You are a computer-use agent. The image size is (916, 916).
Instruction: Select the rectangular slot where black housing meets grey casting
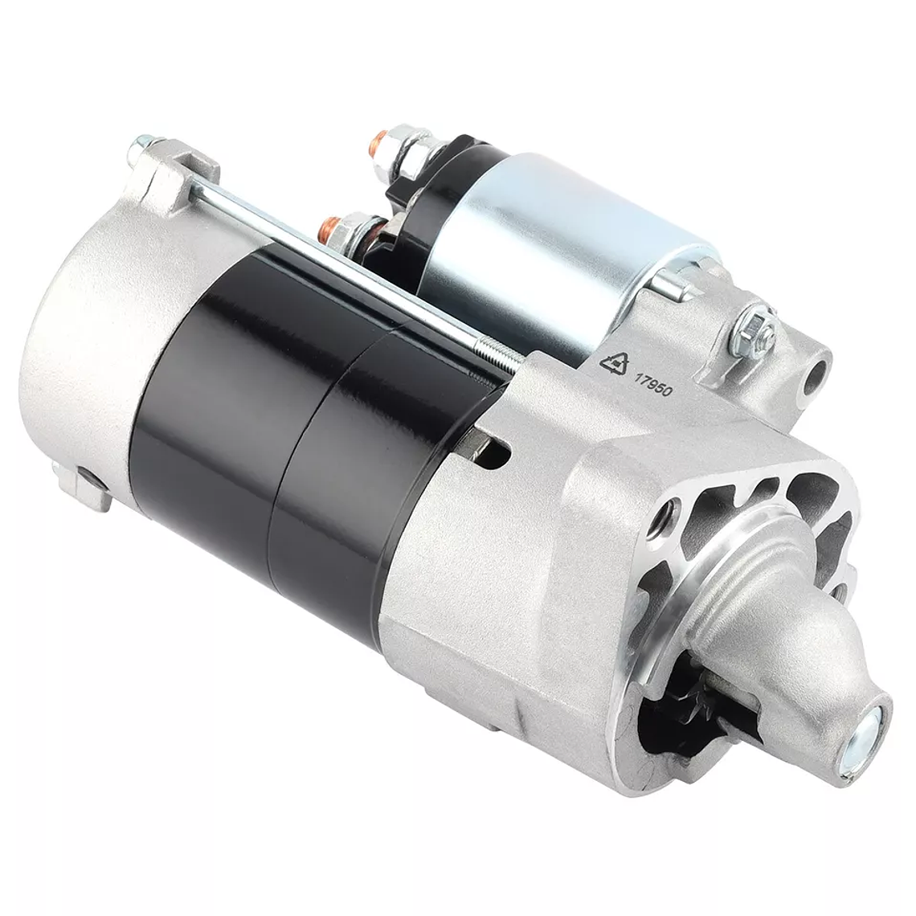[x=493, y=453]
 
